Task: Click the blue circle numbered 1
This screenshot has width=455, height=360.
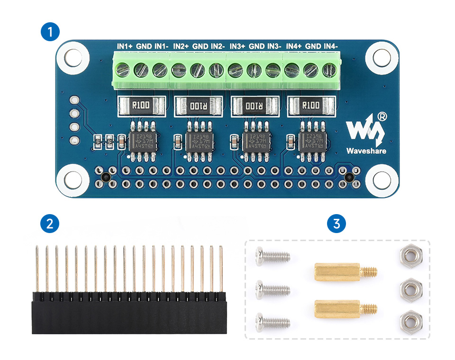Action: [51, 33]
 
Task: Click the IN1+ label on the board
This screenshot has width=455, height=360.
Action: [125, 46]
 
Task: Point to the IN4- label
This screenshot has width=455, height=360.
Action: [330, 46]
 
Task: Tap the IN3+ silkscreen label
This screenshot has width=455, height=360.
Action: [237, 46]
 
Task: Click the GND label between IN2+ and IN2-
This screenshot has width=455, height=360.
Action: [200, 46]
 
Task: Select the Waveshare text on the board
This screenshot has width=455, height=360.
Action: [366, 152]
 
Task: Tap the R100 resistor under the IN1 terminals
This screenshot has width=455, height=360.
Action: [141, 105]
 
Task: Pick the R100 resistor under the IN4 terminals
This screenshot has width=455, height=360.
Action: [311, 105]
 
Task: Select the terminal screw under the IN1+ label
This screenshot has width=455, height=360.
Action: [123, 71]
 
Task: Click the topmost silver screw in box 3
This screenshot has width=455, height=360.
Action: [272, 257]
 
